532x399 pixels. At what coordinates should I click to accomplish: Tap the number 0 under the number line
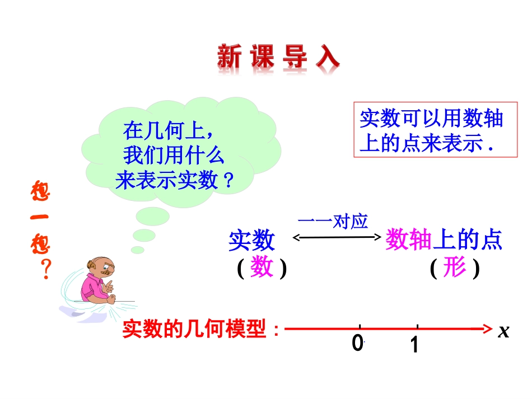[x=357, y=343]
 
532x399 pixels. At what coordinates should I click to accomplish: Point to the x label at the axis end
[x=503, y=331]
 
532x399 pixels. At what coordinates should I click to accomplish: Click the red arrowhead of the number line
[x=486, y=329]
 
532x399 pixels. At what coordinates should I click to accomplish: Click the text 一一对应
[x=333, y=222]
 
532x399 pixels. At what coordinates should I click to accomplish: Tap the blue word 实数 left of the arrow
[x=252, y=241]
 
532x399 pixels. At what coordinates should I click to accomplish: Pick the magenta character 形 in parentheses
[x=454, y=269]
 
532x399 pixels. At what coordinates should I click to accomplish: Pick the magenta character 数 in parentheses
[x=262, y=269]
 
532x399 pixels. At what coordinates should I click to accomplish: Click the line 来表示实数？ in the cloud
[x=174, y=180]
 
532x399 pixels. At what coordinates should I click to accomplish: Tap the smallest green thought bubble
[x=138, y=250]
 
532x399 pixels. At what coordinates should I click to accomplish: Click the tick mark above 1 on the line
[x=418, y=326]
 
